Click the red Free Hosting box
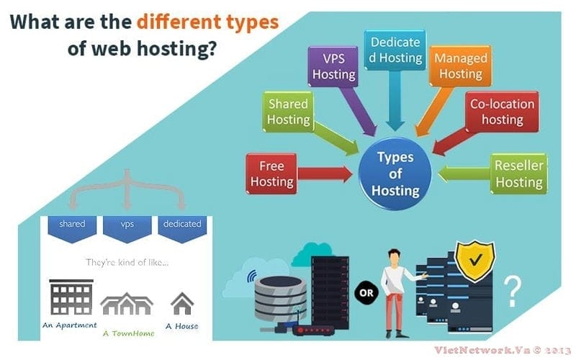tap(271, 173)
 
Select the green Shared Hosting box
tap(289, 112)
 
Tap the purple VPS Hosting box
tap(333, 66)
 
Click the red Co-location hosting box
tap(502, 111)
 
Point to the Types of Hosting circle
tap(395, 174)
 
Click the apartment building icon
tap(71, 297)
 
